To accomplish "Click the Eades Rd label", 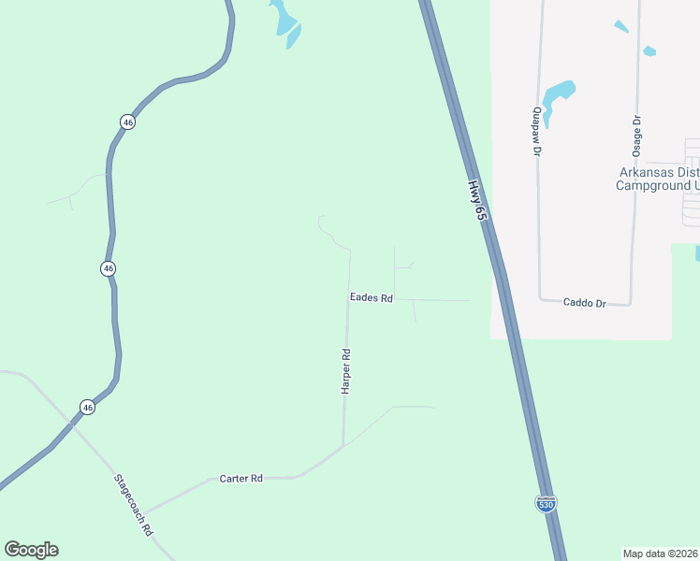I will pos(371,298).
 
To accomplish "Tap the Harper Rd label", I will pos(345,371).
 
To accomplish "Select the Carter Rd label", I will pos(241,478).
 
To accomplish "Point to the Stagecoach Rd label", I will pos(133,503).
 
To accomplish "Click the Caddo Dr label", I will pos(586,303).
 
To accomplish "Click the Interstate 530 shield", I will pos(547,503).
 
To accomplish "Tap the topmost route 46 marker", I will pos(127,122).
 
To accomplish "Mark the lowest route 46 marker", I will pos(87,407).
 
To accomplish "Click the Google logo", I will pos(31,550).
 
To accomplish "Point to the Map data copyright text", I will pos(660,553).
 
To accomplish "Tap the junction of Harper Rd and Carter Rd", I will pos(343,445).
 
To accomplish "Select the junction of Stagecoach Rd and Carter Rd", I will pos(142,513).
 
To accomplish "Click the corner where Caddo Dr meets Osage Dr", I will pos(632,303).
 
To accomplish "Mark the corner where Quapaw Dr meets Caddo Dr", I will pos(542,298).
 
